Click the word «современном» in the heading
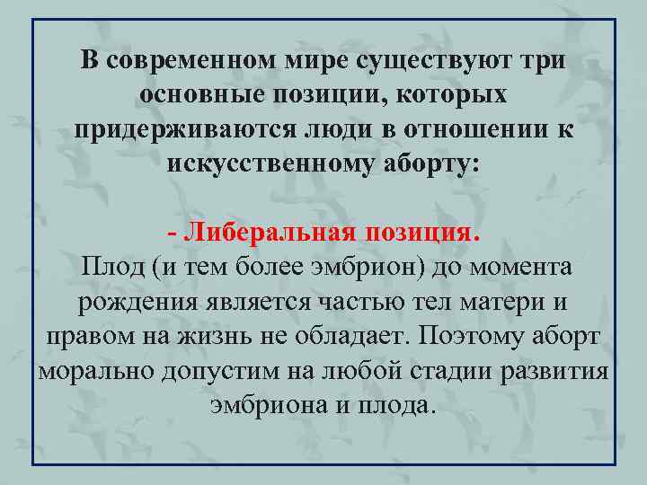point(195,60)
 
